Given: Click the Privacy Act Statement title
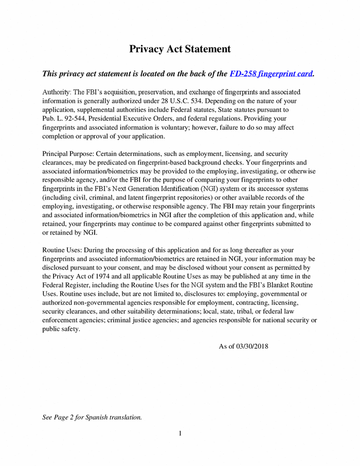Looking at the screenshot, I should [x=180, y=49].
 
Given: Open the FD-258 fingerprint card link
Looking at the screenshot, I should [x=271, y=74].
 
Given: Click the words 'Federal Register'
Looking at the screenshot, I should [x=69, y=285].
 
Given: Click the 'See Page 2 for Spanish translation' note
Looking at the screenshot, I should [x=92, y=417].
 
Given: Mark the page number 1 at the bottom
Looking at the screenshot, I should [x=180, y=434].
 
